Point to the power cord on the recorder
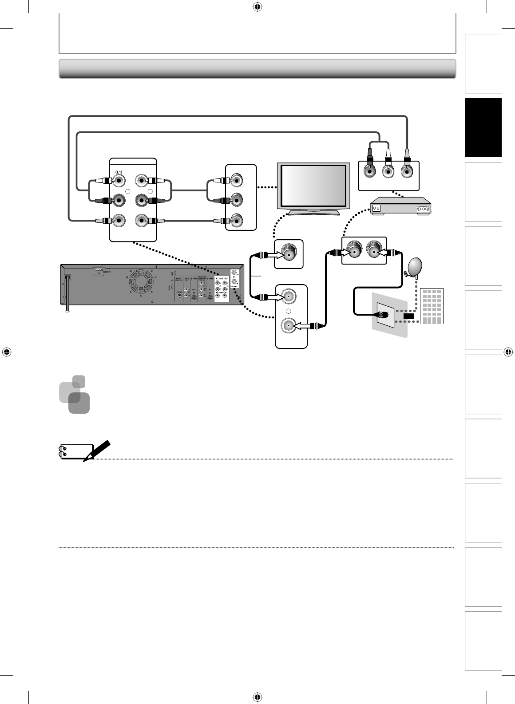(x=67, y=293)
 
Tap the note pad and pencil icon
(x=83, y=451)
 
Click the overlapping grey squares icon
(x=75, y=394)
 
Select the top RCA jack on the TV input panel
(x=236, y=181)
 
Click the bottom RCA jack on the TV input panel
(x=236, y=220)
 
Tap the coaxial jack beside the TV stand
(x=289, y=254)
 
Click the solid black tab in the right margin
(x=483, y=128)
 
